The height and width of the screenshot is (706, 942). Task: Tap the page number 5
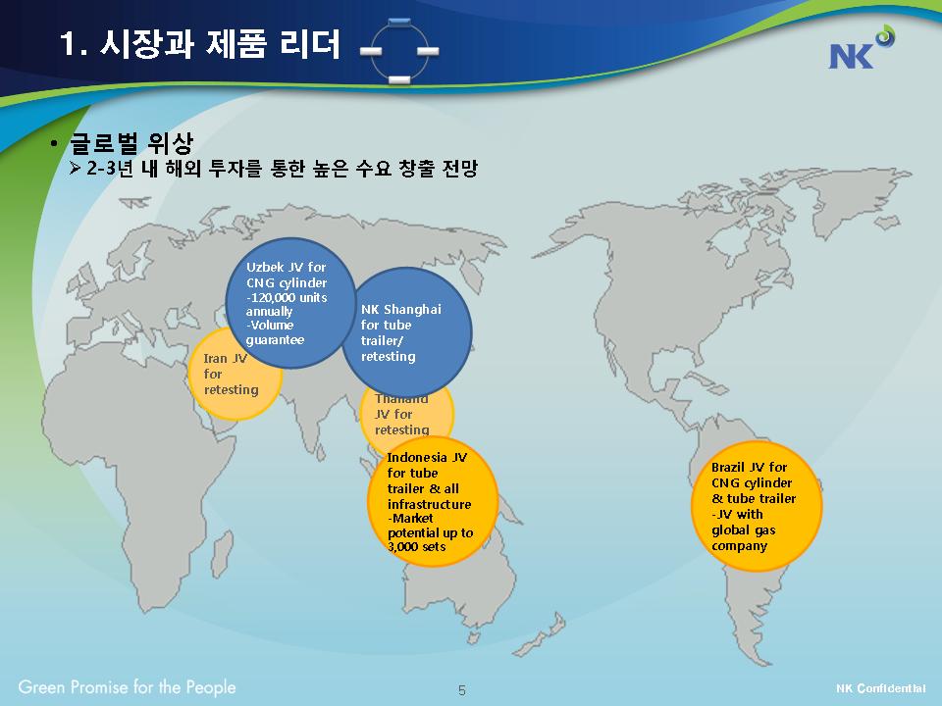461,690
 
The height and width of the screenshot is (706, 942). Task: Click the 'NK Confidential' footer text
880,688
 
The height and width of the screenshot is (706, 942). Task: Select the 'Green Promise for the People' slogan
127,687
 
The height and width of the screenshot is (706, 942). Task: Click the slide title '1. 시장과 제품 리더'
200,44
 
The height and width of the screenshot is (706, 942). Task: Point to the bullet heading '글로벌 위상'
131,143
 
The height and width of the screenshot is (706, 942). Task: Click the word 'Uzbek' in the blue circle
264,267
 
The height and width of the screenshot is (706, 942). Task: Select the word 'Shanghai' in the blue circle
412,309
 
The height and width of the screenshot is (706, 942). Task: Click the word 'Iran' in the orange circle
215,359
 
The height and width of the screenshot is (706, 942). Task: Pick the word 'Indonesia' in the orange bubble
417,457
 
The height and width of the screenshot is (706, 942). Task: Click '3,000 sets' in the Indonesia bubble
417,546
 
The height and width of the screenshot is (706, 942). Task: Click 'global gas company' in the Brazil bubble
744,538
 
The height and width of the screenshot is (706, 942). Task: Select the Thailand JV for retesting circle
406,414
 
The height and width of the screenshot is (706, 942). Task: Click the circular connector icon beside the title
399,50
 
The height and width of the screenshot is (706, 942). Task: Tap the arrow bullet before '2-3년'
76,168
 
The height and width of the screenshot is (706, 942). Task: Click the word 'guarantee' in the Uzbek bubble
275,340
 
